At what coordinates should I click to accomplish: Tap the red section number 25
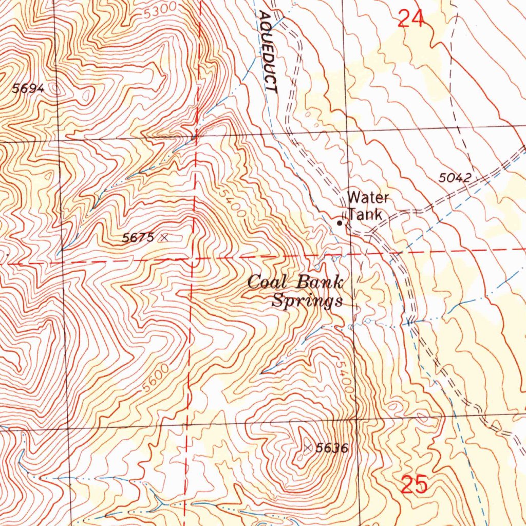tap(414, 484)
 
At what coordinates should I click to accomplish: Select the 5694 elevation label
tap(29, 88)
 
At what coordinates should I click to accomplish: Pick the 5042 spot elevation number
tap(455, 178)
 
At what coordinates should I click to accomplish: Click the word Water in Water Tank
tap(368, 198)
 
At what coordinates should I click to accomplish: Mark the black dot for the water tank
tap(339, 223)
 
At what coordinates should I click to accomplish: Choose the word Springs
tap(307, 300)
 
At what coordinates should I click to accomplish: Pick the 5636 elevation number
tap(332, 448)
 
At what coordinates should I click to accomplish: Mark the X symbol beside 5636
tap(308, 448)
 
